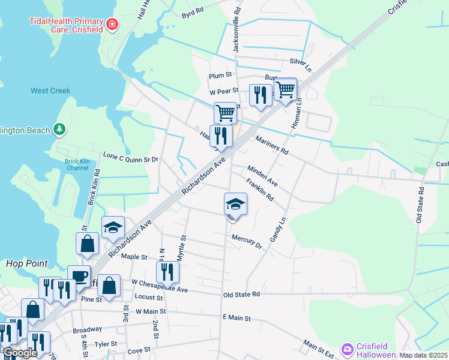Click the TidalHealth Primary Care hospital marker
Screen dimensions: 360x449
tap(112, 24)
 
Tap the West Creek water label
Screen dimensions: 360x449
tap(50, 91)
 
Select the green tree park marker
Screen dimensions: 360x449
tap(59, 129)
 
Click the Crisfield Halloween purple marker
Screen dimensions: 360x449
tap(347, 349)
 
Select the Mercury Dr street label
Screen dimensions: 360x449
tap(247, 241)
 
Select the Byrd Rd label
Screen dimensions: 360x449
tap(192, 10)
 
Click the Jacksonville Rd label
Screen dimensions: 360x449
tap(237, 29)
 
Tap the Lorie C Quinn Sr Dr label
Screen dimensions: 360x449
tap(130, 160)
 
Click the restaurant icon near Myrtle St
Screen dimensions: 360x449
tap(167, 271)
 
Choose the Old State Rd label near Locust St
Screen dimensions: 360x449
tap(241, 295)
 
